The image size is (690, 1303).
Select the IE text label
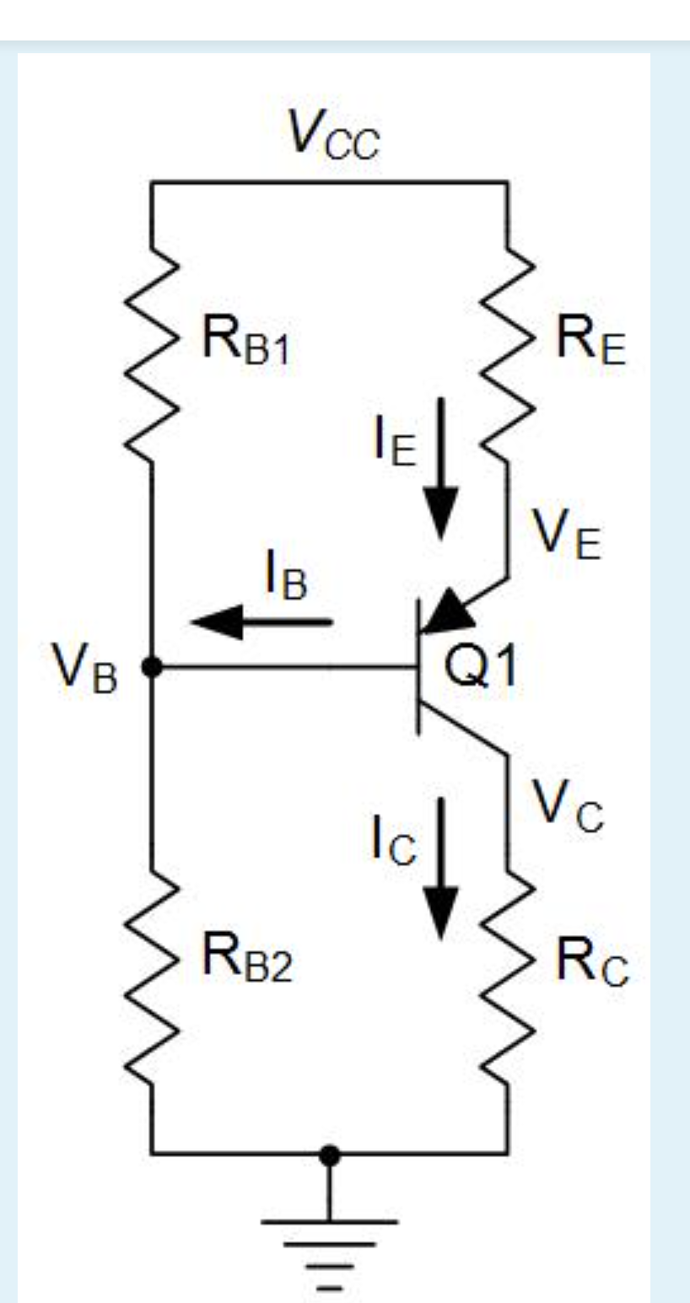(394, 443)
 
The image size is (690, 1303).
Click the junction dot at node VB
(152, 667)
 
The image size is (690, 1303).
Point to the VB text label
(83, 671)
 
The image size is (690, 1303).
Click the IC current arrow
(439, 869)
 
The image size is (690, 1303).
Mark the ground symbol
(330, 1247)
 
